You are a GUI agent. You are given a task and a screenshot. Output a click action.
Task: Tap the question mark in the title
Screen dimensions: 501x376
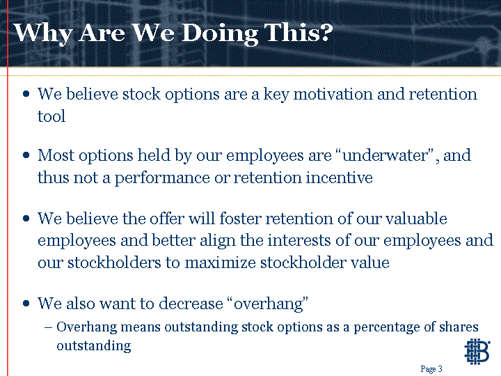click(x=326, y=32)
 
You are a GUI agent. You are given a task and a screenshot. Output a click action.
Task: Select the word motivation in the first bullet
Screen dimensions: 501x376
click(x=333, y=94)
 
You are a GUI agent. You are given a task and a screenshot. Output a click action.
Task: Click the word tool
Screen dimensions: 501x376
click(x=51, y=116)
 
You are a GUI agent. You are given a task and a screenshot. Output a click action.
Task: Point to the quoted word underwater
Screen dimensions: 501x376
click(x=385, y=155)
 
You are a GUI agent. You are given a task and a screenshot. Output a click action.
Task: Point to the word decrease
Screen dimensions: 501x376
click(x=191, y=304)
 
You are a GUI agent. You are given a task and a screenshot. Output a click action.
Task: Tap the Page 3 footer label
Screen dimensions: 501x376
click(x=431, y=369)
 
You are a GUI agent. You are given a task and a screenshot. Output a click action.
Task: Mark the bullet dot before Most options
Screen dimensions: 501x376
click(x=26, y=155)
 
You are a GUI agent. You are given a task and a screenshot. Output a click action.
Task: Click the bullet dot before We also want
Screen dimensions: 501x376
click(x=26, y=304)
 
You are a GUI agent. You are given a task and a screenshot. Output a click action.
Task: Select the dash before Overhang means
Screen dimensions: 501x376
click(x=48, y=328)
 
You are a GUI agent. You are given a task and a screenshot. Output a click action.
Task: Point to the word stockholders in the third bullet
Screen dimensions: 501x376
click(x=114, y=263)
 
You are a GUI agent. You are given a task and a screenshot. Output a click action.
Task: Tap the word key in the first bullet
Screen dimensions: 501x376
click(x=276, y=95)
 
